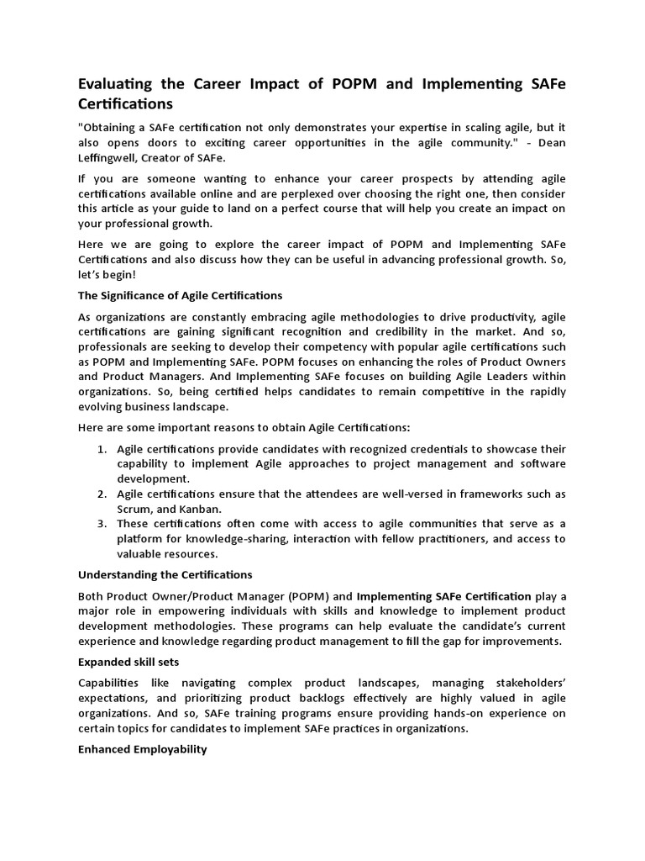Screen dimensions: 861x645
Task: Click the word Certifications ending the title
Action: (x=125, y=104)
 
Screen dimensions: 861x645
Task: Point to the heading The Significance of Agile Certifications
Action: (x=180, y=296)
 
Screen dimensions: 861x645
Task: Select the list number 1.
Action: (x=101, y=449)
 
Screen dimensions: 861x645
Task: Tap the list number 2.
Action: (x=101, y=494)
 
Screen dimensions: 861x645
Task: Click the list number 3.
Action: (x=101, y=524)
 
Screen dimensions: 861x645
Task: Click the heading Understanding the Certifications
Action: (x=165, y=574)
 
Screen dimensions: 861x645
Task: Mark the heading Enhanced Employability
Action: (x=142, y=749)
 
